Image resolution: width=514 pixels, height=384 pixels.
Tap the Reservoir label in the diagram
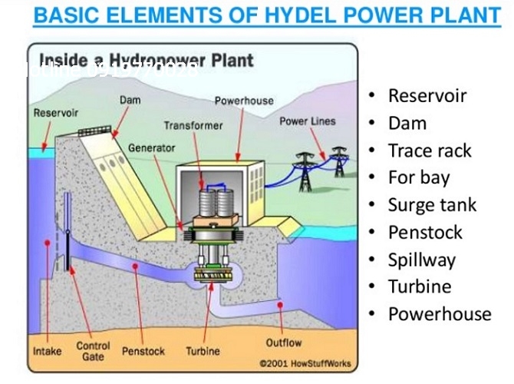(56, 113)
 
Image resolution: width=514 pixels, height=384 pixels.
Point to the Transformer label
(193, 125)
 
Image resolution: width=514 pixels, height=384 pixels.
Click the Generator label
(151, 147)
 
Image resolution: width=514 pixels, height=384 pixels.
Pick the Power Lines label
(308, 121)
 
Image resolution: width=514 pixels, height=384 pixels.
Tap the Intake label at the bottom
(48, 352)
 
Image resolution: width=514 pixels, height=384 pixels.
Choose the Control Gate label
(93, 352)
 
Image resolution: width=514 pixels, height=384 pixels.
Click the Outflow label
(283, 343)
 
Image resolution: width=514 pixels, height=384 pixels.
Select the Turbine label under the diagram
(203, 352)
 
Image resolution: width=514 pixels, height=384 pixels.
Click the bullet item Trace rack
(430, 151)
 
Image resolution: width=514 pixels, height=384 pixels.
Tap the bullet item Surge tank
(432, 205)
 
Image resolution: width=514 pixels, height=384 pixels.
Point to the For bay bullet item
(419, 177)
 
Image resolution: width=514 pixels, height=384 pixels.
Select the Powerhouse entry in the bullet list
(440, 314)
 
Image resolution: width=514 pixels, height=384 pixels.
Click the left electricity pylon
(306, 170)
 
